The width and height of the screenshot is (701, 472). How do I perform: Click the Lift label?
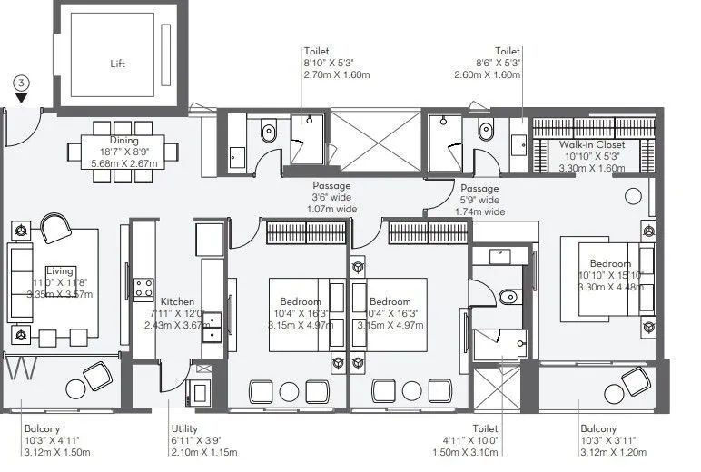point(117,64)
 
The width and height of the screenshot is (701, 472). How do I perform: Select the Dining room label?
point(124,141)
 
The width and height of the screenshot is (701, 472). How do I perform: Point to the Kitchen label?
point(177,301)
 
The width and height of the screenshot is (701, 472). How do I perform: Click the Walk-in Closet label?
point(592,144)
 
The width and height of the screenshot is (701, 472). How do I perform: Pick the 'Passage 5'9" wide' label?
point(480,188)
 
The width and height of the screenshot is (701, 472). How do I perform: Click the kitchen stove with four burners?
point(143,288)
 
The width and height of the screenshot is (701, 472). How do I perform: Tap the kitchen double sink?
point(212,325)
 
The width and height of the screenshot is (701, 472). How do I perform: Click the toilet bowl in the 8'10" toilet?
point(268,134)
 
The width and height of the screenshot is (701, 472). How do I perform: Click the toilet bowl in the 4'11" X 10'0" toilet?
point(508,296)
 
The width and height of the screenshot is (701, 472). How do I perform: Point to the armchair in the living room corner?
point(55,227)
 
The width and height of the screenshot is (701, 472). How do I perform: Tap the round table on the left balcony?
point(76,389)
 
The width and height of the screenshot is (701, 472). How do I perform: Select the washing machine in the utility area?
point(198,392)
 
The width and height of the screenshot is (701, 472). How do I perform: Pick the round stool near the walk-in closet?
point(633,194)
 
